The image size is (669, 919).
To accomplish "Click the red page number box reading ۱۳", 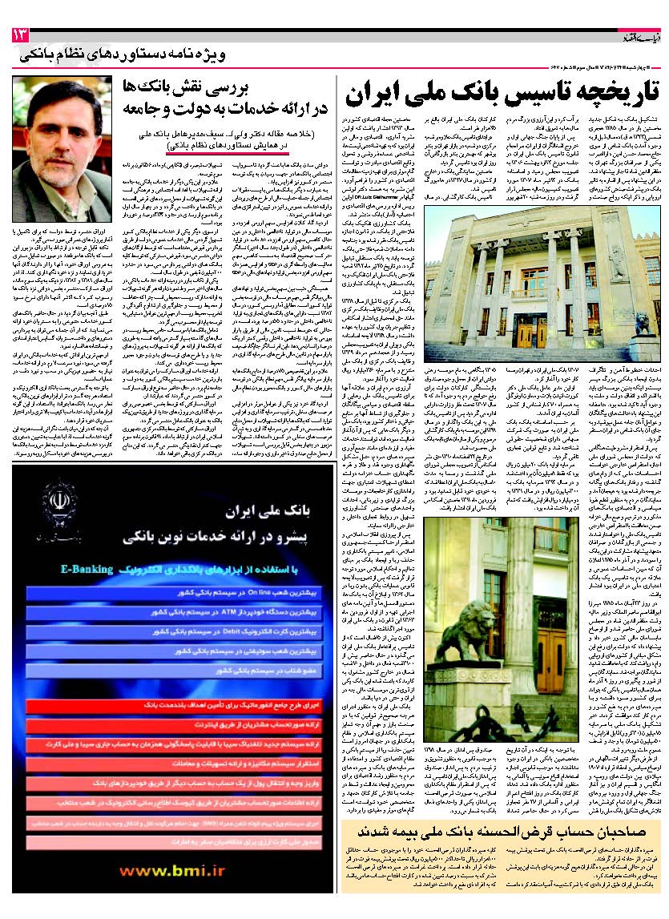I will pyautogui.click(x=19, y=35).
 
